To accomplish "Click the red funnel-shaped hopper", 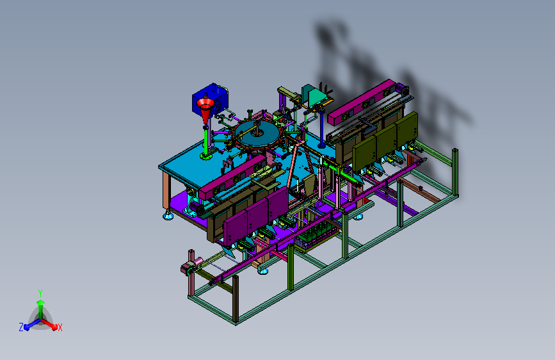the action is [x=205, y=109].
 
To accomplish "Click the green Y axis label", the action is [x=40, y=293].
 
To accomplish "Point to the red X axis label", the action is [x=60, y=328].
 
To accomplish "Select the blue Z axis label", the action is [x=21, y=327].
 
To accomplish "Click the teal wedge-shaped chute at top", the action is [x=314, y=95].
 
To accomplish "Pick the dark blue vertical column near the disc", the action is [x=322, y=128].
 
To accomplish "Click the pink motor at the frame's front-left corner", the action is [x=192, y=266].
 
